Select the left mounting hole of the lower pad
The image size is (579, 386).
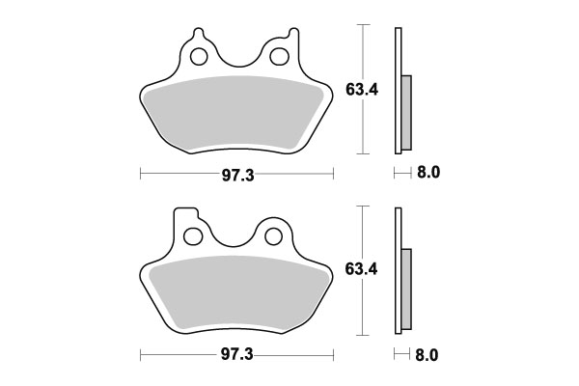pyautogui.click(x=192, y=234)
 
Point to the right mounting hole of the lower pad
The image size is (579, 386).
pyautogui.click(x=273, y=234)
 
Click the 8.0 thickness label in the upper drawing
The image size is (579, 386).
pyautogui.click(x=427, y=174)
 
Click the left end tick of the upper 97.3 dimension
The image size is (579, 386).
pyautogui.click(x=141, y=174)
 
